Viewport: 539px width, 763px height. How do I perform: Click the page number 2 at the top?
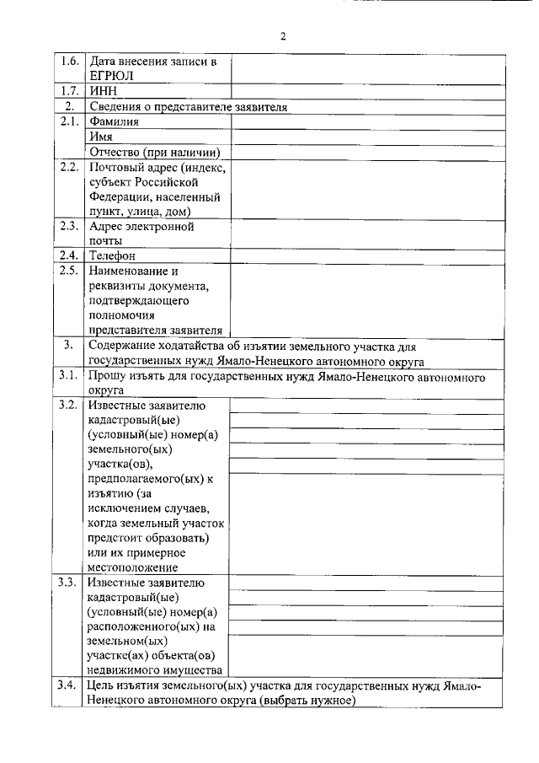point(283,35)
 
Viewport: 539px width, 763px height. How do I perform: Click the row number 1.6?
point(69,62)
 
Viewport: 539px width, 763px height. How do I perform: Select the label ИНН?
point(103,91)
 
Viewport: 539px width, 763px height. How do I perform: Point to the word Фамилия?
point(115,121)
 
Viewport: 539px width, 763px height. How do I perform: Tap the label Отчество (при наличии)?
point(154,152)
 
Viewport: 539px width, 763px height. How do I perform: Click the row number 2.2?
point(69,167)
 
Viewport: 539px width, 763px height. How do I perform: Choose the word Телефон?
point(113,255)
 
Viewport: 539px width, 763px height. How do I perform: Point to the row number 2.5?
point(69,271)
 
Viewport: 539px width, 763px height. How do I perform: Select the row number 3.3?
point(69,583)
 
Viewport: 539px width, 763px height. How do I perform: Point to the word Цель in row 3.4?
point(104,685)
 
